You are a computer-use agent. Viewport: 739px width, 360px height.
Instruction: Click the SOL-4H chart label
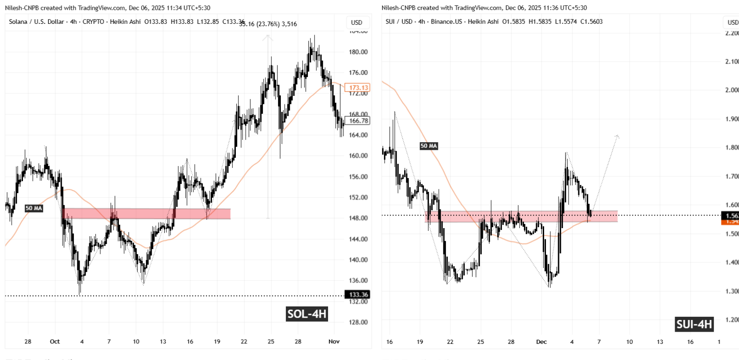(x=307, y=314)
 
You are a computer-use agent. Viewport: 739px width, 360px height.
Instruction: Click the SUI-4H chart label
(x=694, y=324)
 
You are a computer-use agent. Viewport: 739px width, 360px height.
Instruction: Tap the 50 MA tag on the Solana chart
(x=34, y=208)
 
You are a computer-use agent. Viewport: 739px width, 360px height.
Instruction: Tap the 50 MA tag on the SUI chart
(x=428, y=146)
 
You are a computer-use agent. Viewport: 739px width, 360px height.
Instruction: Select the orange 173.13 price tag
(x=358, y=88)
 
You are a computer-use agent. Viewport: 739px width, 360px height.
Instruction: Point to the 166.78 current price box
(x=359, y=121)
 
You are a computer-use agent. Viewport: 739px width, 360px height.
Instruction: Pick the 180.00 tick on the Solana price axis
(x=358, y=52)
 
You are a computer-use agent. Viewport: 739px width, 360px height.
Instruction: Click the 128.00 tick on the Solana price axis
(x=358, y=322)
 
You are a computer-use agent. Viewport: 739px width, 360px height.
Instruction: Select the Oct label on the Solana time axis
(x=55, y=342)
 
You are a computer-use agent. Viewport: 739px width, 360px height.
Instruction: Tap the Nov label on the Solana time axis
(x=334, y=342)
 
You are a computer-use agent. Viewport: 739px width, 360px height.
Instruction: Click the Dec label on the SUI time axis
(x=541, y=342)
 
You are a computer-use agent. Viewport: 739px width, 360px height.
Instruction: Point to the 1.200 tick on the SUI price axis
(x=732, y=320)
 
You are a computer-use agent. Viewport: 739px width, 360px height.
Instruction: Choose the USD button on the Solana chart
(x=357, y=22)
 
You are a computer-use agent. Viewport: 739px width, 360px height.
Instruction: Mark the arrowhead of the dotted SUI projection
(x=617, y=136)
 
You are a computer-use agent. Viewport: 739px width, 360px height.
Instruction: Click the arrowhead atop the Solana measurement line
(x=268, y=38)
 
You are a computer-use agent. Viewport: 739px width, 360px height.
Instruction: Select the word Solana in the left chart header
(x=18, y=22)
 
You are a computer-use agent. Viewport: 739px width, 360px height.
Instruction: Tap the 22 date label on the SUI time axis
(x=450, y=342)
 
